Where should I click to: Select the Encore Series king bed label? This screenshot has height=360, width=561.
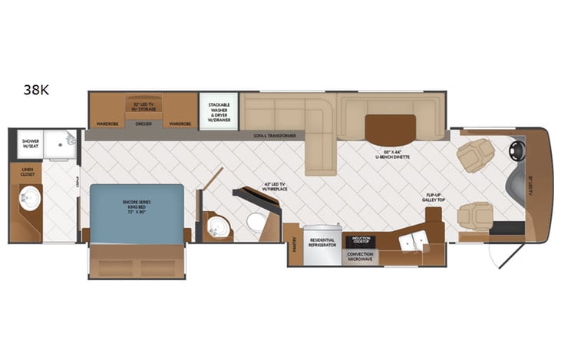click(138, 205)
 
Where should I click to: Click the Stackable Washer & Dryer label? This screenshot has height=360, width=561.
click(219, 112)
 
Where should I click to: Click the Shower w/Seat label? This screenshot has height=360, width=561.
click(30, 144)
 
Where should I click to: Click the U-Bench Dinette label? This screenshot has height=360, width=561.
click(392, 154)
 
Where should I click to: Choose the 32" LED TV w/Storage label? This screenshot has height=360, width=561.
click(144, 106)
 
